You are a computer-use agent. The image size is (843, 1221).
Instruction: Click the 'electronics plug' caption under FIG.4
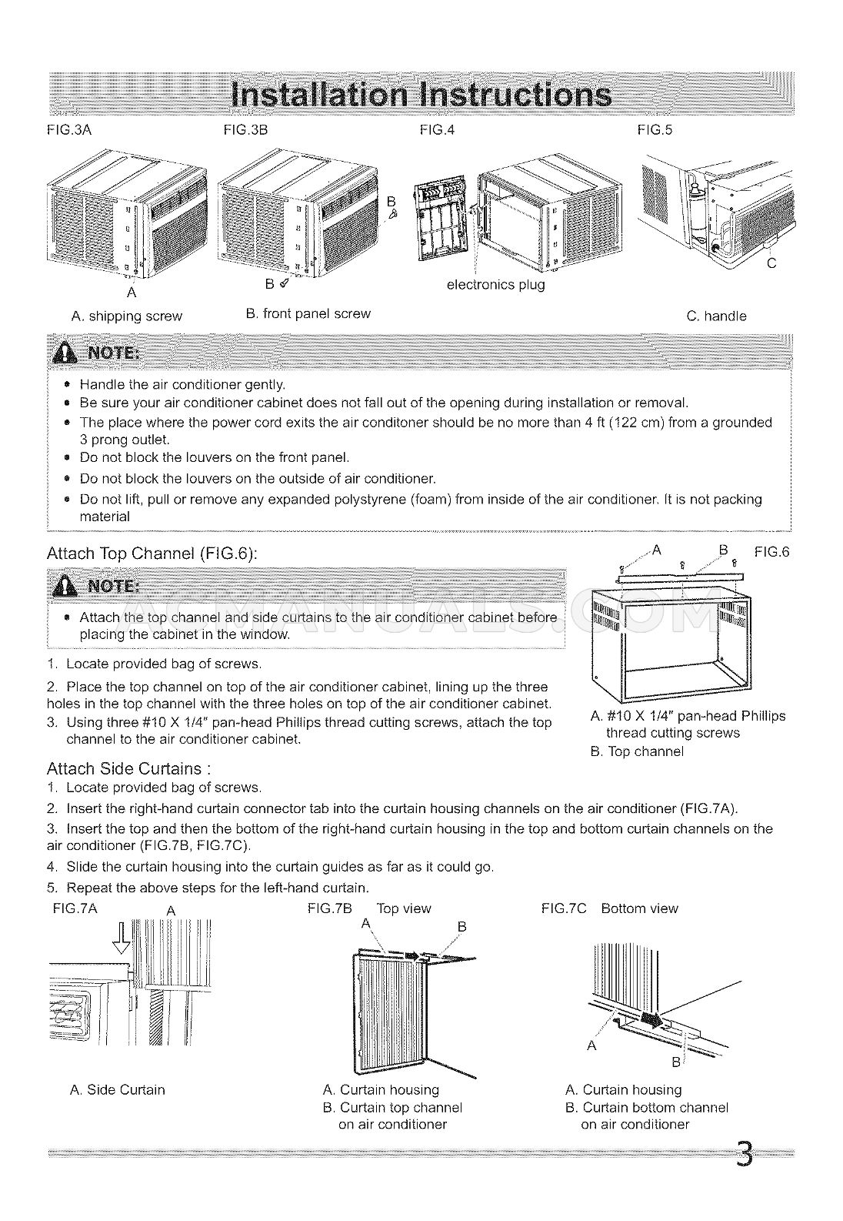click(495, 285)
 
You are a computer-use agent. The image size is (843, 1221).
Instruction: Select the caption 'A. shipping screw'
click(126, 316)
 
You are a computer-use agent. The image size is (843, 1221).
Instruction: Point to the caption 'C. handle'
click(715, 316)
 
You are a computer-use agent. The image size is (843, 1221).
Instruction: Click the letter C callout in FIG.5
click(771, 263)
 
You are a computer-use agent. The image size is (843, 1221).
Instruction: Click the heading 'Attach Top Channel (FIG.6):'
click(152, 554)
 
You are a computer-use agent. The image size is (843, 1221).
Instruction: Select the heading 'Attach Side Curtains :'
click(128, 768)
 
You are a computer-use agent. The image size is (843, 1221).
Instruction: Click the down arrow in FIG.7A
click(122, 940)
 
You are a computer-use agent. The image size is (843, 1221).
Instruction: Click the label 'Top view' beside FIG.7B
click(404, 908)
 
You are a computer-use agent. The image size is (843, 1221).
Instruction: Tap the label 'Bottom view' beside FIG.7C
click(639, 908)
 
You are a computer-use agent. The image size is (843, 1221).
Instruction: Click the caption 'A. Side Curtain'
click(117, 1090)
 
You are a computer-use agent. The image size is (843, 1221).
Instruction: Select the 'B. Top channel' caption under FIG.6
click(636, 751)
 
